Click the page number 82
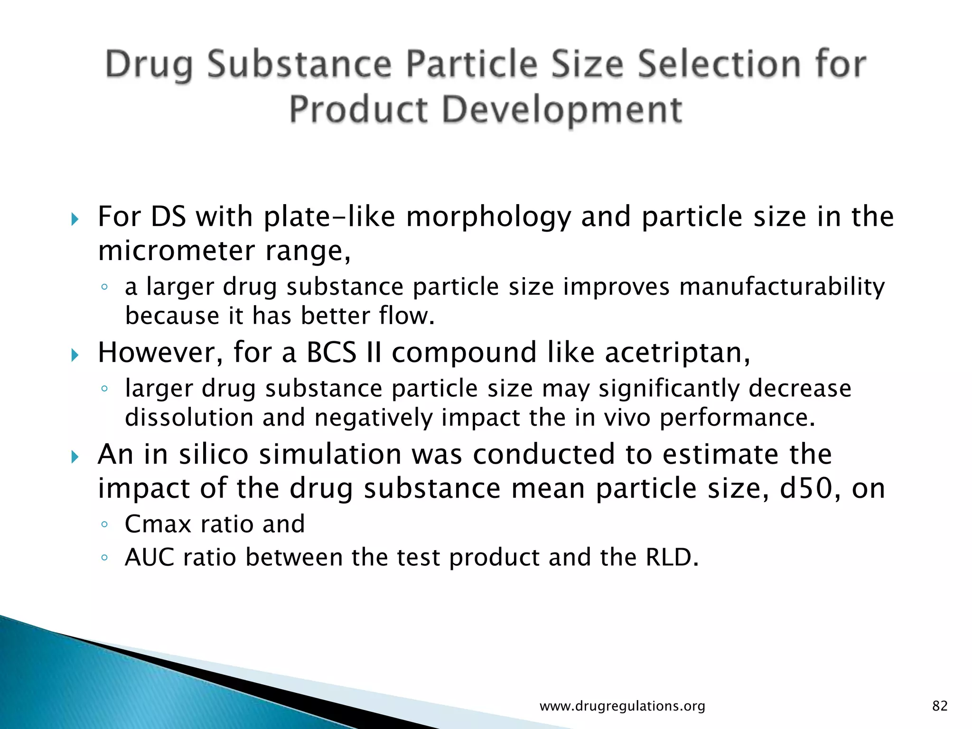[x=940, y=706]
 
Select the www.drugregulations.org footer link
[x=622, y=706]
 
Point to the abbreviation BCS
[x=331, y=352]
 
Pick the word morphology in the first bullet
[x=489, y=217]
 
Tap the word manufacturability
[x=782, y=287]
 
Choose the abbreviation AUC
[x=150, y=557]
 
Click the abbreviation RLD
[x=672, y=557]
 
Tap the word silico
[x=214, y=454]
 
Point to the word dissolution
[x=189, y=418]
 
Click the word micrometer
[x=176, y=251]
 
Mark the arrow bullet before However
[x=74, y=355]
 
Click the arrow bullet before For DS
[x=74, y=219]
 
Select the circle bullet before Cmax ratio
[x=104, y=525]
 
